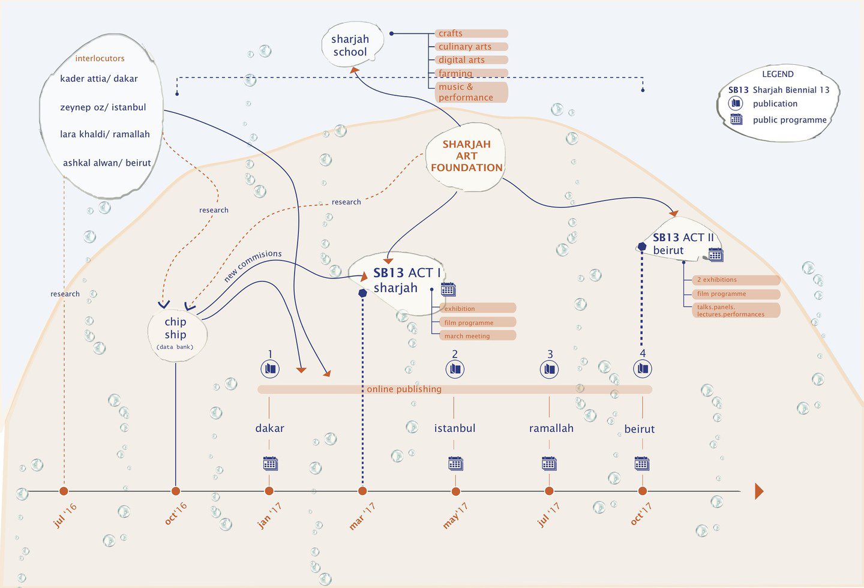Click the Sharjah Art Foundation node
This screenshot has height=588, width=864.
click(x=466, y=157)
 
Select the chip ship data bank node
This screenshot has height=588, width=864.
click(x=176, y=334)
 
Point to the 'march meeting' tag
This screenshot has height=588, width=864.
click(x=478, y=335)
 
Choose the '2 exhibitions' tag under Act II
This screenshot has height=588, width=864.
click(x=736, y=280)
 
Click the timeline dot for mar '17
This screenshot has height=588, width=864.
click(x=362, y=491)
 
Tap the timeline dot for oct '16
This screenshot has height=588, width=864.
click(x=176, y=491)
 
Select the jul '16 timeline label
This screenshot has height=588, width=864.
click(x=65, y=515)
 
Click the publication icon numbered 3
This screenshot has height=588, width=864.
click(x=549, y=369)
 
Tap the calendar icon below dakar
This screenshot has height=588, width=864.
click(x=270, y=463)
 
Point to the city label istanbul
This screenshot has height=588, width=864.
click(x=455, y=428)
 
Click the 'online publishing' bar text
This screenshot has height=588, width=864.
click(x=404, y=389)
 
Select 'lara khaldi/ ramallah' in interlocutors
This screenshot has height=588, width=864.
click(x=105, y=134)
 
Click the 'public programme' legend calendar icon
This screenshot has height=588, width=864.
click(x=736, y=119)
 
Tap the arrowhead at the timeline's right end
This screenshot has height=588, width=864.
click(x=759, y=491)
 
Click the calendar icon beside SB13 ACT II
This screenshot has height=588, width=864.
click(x=715, y=254)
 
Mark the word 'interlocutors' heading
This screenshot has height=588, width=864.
click(x=100, y=58)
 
